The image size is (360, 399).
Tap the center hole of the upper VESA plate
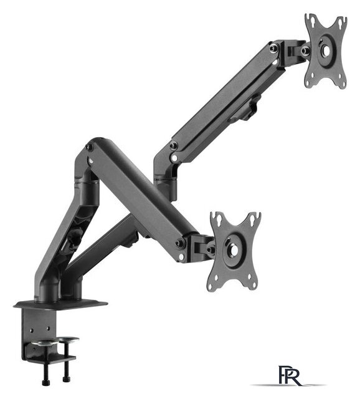tap(327, 50)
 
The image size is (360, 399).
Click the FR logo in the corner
tap(290, 375)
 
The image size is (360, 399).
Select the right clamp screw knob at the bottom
tap(67, 379)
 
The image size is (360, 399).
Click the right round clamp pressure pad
tap(67, 339)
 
